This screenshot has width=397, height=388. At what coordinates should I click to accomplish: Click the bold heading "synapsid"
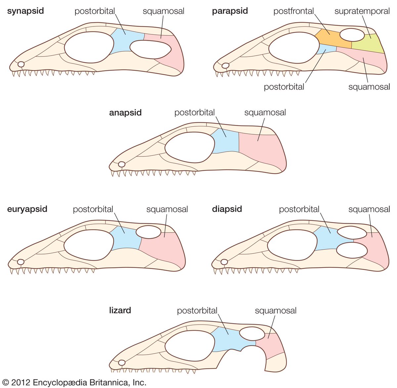point(25,11)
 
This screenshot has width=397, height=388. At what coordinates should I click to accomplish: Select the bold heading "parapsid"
point(230,11)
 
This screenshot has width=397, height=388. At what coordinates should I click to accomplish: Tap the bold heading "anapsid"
point(125,112)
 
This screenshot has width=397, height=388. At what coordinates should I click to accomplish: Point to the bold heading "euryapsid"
point(27,209)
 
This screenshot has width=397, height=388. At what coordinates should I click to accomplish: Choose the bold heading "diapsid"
point(227,209)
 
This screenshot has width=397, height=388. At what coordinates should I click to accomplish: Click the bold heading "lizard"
point(120,310)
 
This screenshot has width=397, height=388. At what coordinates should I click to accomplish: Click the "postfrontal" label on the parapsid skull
point(293,11)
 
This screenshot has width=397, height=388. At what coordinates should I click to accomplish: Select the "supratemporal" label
point(362,11)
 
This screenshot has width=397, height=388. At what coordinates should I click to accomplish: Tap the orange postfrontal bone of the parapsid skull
point(331,38)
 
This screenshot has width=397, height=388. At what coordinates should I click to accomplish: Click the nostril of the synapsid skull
point(21,64)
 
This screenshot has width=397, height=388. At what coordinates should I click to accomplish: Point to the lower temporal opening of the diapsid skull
point(352,250)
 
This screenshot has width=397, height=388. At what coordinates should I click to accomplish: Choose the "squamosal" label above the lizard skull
point(276,311)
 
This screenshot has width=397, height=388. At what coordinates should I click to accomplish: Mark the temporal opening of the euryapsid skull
point(149,232)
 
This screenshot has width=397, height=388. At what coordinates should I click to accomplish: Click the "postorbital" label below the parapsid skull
point(284,87)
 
